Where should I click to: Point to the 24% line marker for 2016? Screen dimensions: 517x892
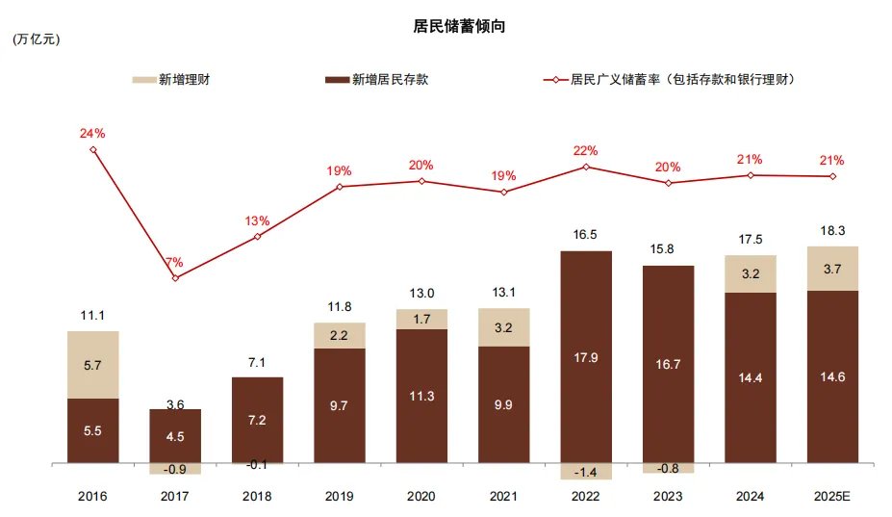point(93,149)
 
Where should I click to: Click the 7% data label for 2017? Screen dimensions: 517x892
point(174,262)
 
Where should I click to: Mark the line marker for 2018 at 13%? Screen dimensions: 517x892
point(257,236)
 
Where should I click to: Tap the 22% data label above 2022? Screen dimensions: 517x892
point(585,150)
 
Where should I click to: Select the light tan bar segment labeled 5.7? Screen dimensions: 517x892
point(93,365)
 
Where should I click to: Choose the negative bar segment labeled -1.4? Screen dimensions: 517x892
point(585,472)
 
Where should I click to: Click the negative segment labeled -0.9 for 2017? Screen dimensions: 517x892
point(175,469)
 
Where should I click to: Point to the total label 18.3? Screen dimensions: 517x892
point(832,231)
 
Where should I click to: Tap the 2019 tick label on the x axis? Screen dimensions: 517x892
point(339,496)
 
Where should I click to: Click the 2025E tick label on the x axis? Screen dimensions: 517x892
point(832,496)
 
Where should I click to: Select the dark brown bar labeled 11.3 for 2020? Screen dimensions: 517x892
point(421,396)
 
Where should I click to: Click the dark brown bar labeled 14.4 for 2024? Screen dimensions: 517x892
point(750,377)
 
